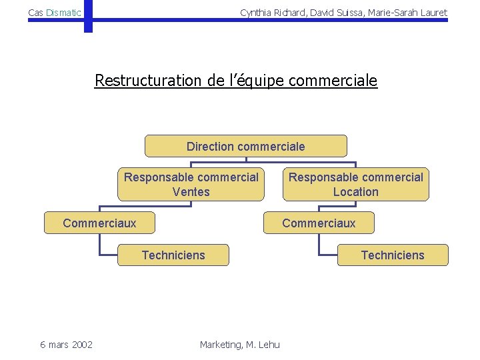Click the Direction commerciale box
(246, 146)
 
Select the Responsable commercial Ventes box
(191, 185)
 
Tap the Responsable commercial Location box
(355, 185)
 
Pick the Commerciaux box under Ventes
(99, 223)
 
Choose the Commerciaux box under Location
(319, 223)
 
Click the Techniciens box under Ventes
(173, 255)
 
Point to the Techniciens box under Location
(393, 255)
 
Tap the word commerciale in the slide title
(333, 81)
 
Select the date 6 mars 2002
(66, 344)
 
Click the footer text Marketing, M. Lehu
(240, 344)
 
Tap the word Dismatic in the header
(64, 13)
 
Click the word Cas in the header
(36, 13)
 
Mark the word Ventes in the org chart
(191, 192)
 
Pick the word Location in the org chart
(355, 192)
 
